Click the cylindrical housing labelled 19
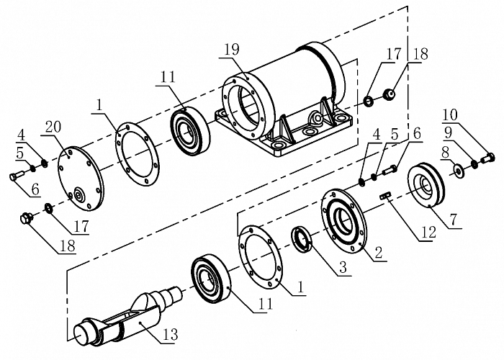point(288,94)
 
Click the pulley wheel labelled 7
point(428,185)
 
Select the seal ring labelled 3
point(302,237)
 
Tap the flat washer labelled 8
point(457,171)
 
